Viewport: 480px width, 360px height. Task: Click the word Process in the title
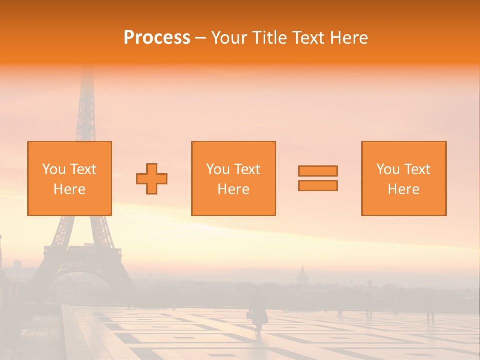click(x=157, y=38)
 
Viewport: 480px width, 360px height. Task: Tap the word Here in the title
click(x=348, y=38)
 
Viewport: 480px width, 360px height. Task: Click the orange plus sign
click(x=152, y=178)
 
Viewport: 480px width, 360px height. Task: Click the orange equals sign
click(x=318, y=178)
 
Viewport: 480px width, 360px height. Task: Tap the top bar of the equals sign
click(x=318, y=171)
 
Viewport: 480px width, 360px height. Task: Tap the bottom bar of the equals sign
click(x=318, y=186)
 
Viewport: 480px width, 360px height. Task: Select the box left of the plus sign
click(x=70, y=178)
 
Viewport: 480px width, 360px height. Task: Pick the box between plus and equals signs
click(x=234, y=178)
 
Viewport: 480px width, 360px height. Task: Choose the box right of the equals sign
click(x=404, y=178)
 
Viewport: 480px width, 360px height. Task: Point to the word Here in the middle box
click(x=234, y=189)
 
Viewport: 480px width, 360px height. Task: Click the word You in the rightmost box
click(x=388, y=169)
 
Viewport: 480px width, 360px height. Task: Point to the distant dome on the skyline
click(x=302, y=274)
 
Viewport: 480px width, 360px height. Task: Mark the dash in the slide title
click(x=200, y=38)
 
